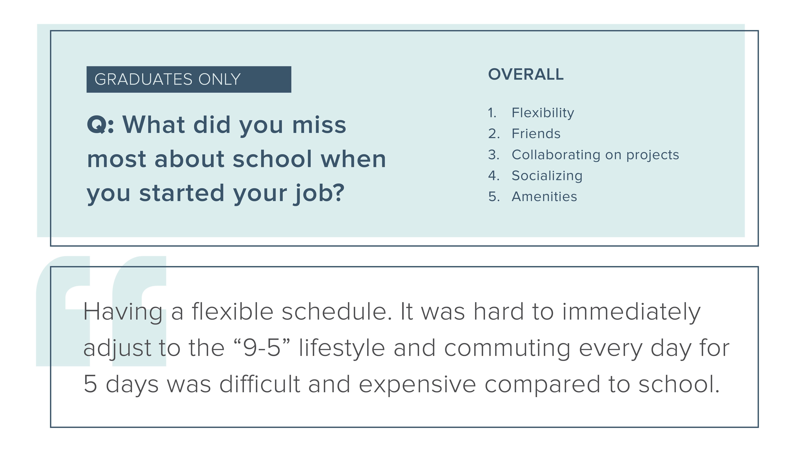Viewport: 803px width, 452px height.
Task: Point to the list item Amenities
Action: point(544,197)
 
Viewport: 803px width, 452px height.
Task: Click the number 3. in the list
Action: point(494,155)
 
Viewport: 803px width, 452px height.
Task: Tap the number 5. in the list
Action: point(494,197)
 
